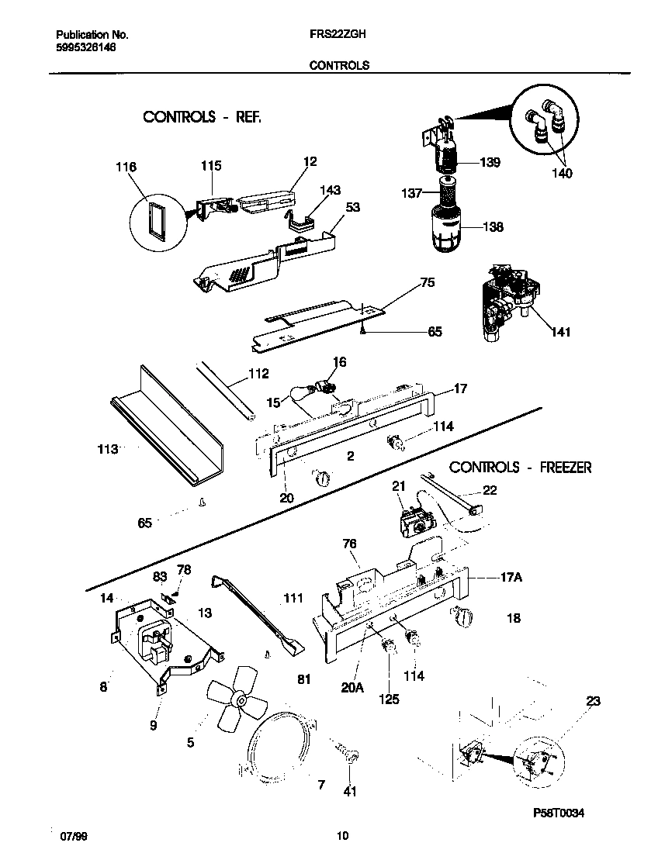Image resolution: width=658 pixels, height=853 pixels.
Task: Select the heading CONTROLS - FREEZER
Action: pyautogui.click(x=521, y=468)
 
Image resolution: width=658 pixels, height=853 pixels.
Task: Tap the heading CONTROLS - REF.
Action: pyautogui.click(x=202, y=117)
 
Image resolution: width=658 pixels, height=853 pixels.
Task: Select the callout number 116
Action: pyautogui.click(x=126, y=167)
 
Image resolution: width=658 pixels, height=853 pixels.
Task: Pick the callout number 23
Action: pyautogui.click(x=593, y=702)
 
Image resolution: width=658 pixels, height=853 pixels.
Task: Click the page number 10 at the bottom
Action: pyautogui.click(x=342, y=836)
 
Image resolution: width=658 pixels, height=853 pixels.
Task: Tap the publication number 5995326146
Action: pyautogui.click(x=87, y=47)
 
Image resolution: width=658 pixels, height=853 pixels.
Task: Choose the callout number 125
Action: pyautogui.click(x=389, y=699)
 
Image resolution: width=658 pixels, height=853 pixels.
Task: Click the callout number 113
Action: pyautogui.click(x=109, y=449)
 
